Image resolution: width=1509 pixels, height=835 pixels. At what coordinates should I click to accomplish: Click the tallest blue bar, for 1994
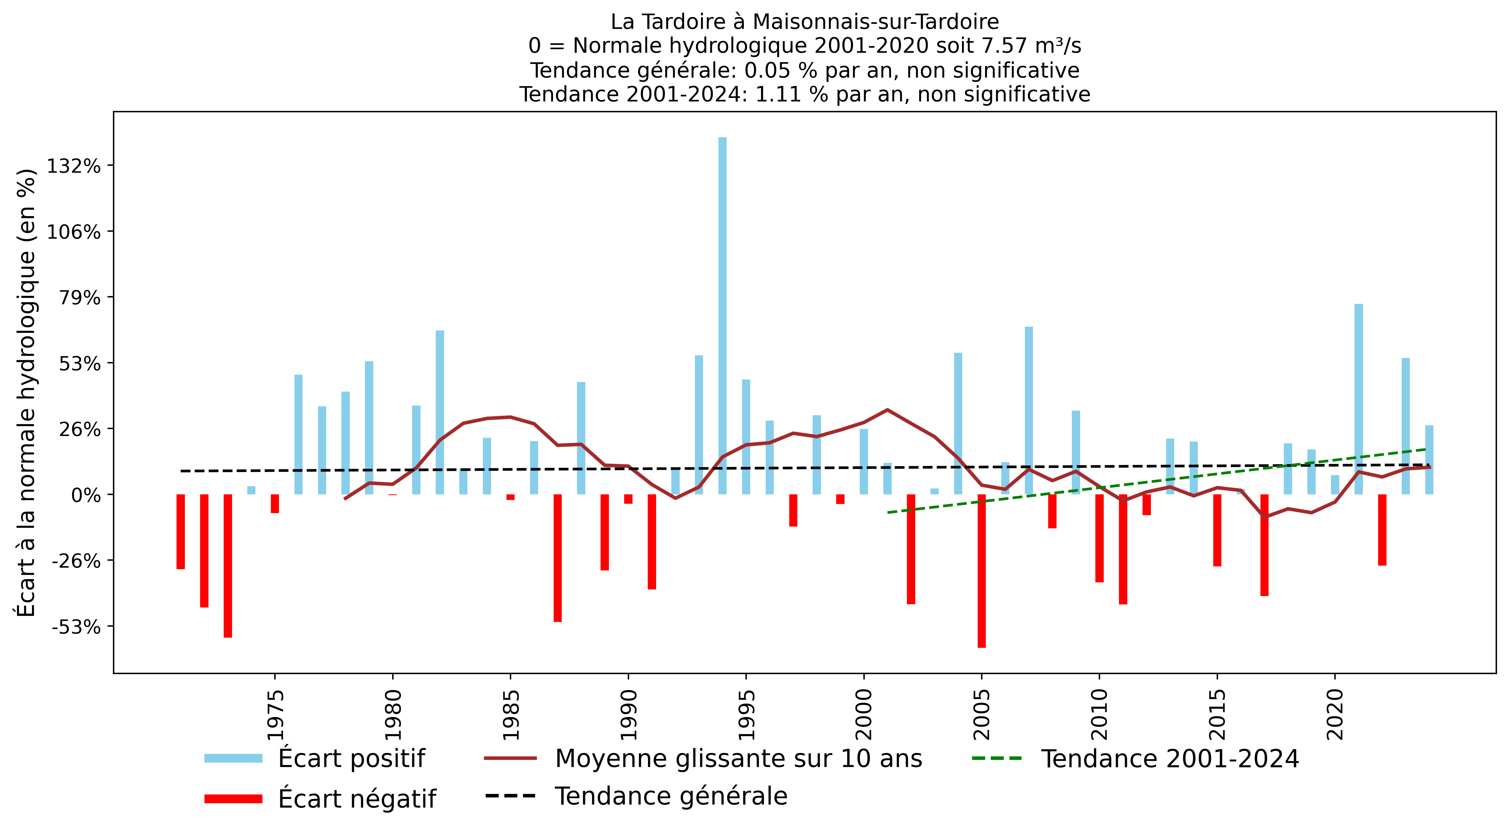722,316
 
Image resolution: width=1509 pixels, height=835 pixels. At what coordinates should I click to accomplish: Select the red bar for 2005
982,571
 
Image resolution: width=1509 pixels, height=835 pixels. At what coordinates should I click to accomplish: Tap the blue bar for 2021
1358,398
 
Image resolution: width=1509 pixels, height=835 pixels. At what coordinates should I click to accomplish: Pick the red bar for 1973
228,565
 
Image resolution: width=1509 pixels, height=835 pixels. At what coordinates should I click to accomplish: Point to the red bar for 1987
558,558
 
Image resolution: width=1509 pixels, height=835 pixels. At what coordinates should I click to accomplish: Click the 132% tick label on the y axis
74,166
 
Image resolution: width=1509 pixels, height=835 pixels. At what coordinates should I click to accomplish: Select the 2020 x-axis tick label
1335,715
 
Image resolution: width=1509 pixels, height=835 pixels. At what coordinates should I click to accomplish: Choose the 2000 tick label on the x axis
864,715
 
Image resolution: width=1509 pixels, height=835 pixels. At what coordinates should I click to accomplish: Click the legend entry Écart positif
352,758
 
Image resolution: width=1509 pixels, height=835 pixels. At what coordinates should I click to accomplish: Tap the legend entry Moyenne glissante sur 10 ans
738,758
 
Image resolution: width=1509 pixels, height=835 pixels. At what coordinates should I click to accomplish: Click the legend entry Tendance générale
671,796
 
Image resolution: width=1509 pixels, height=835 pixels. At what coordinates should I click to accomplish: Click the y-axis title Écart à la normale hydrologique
26,393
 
